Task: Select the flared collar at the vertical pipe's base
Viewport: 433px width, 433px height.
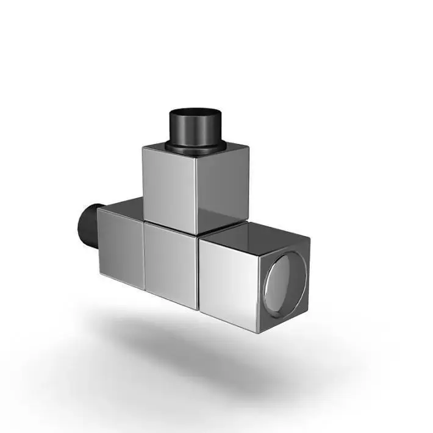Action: pyautogui.click(x=195, y=146)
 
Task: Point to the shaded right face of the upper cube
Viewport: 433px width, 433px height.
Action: pyautogui.click(x=223, y=186)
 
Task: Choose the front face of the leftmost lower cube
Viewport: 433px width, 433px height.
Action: pyautogui.click(x=121, y=250)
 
